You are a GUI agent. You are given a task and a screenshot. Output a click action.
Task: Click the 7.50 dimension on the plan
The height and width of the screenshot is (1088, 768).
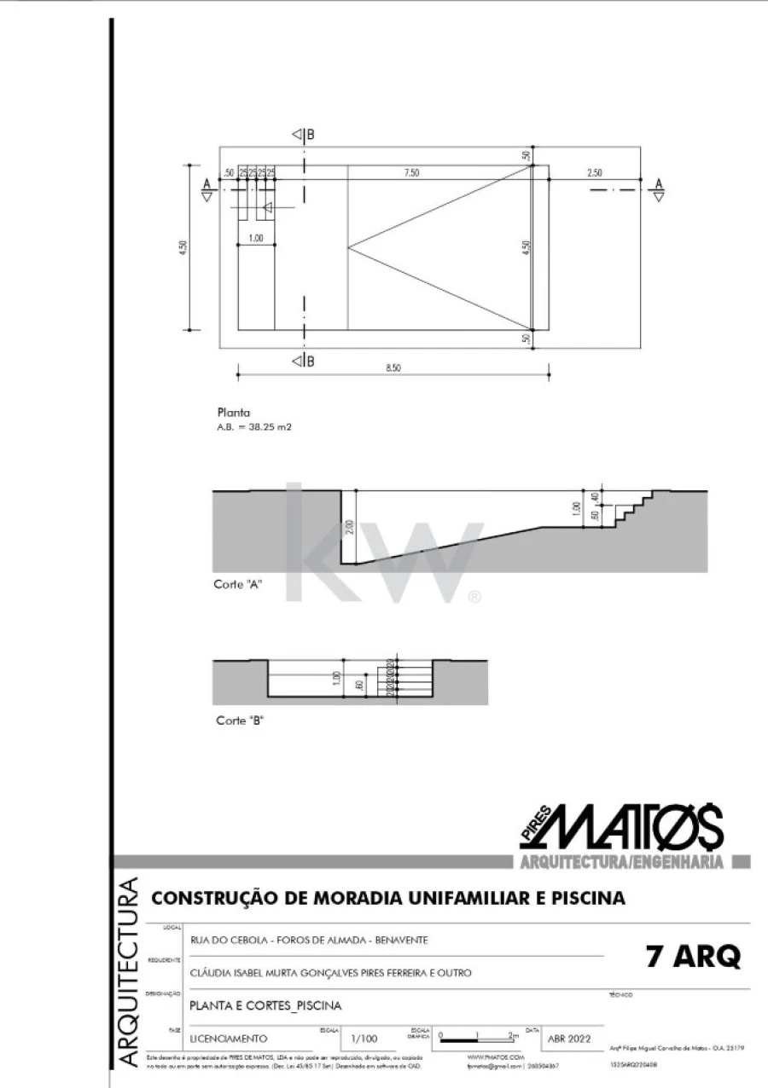pyautogui.click(x=411, y=173)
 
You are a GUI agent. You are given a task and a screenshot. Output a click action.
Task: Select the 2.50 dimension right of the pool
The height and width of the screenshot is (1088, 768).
pyautogui.click(x=594, y=173)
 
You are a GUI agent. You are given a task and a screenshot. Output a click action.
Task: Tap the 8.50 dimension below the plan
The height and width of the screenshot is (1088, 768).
pyautogui.click(x=393, y=367)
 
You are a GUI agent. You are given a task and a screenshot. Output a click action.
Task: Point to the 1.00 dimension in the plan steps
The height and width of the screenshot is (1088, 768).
pyautogui.click(x=255, y=238)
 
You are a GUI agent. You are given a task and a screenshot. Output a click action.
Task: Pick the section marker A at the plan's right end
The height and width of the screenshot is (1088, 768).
pyautogui.click(x=658, y=188)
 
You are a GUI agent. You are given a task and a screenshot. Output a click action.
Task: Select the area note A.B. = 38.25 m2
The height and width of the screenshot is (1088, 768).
pyautogui.click(x=254, y=427)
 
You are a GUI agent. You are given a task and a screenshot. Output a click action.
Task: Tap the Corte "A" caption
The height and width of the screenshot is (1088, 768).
pyautogui.click(x=237, y=585)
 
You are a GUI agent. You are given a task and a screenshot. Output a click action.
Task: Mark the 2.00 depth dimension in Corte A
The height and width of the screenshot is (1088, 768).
pyautogui.click(x=349, y=528)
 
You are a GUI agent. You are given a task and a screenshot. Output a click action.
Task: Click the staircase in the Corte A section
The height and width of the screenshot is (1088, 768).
pyautogui.click(x=630, y=508)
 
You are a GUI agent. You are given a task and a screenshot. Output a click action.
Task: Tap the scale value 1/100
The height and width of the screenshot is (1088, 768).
pyautogui.click(x=364, y=1039)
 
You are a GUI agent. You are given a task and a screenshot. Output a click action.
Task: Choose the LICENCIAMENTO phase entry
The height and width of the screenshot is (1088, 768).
pyautogui.click(x=229, y=1039)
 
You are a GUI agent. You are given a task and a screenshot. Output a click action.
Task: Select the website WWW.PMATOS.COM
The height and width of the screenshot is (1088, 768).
pyautogui.click(x=495, y=1056)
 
